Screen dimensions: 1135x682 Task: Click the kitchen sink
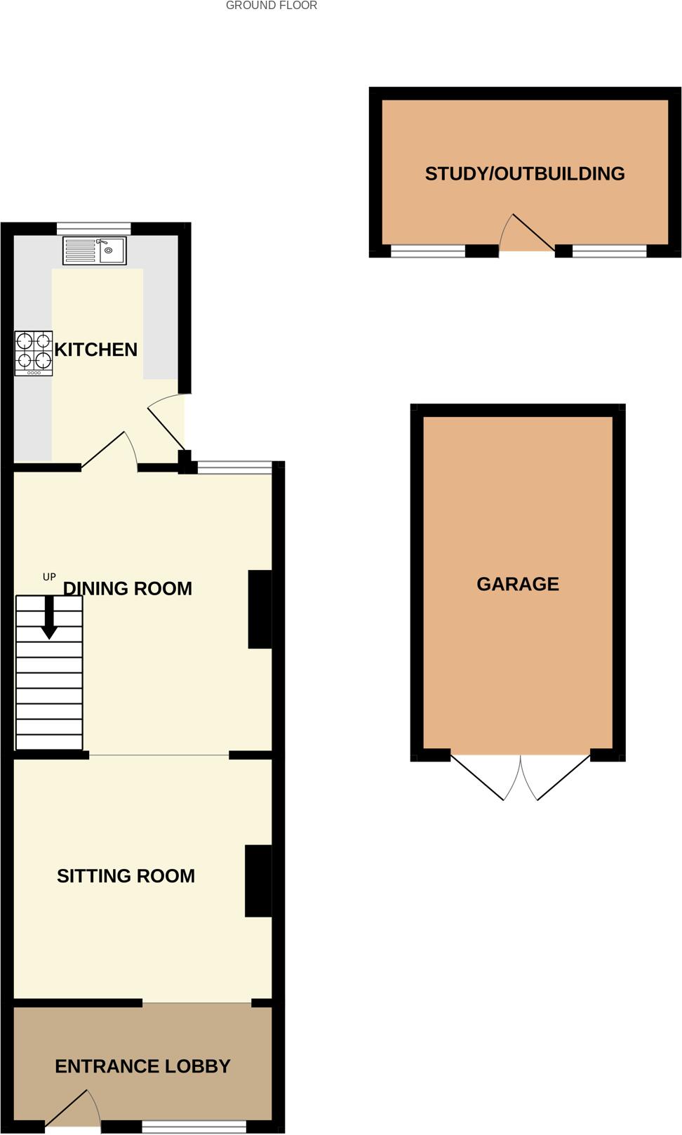click(x=95, y=251)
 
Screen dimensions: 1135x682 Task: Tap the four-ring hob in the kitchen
click(x=34, y=353)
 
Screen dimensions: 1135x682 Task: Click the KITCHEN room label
click(x=95, y=350)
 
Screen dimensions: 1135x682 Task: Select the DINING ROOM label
click(x=128, y=588)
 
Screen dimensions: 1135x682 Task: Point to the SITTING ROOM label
click(x=126, y=876)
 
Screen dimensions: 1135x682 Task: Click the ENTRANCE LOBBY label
click(x=142, y=1066)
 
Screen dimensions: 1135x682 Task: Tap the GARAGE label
click(x=518, y=584)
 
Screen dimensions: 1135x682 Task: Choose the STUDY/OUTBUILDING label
click(x=525, y=173)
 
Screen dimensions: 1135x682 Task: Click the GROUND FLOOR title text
click(x=272, y=6)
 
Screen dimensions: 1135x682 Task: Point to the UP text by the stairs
click(x=49, y=577)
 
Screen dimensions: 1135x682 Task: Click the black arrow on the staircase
click(x=49, y=618)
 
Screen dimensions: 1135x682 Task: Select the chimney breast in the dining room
click(x=260, y=609)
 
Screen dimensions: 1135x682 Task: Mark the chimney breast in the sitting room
click(x=258, y=880)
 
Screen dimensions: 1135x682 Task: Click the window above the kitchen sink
click(x=93, y=228)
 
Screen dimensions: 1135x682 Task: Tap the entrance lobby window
click(x=194, y=1127)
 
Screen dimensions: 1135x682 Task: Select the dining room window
click(x=234, y=467)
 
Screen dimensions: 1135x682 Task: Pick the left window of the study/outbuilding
click(x=427, y=251)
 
